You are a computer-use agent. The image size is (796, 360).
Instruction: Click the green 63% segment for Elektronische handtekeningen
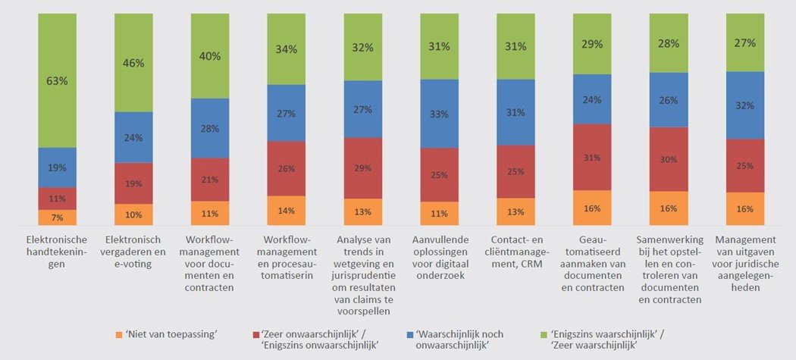click(57, 80)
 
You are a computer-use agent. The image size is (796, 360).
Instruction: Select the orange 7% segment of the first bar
click(57, 218)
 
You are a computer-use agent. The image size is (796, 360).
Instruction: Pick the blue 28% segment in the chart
click(210, 128)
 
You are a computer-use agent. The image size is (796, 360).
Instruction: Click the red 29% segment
click(363, 167)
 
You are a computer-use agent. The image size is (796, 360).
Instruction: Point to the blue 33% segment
click(440, 114)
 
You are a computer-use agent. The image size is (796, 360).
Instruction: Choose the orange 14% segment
click(287, 211)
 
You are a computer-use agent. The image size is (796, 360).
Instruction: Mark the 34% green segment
click(287, 49)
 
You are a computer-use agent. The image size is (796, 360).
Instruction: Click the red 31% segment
click(592, 157)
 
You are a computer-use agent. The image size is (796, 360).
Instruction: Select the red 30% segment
click(669, 159)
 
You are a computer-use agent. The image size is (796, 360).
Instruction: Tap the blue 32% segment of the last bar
click(745, 105)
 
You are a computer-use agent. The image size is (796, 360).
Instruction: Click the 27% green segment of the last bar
click(745, 43)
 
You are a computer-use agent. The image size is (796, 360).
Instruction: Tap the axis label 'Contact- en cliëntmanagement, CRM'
click(516, 253)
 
